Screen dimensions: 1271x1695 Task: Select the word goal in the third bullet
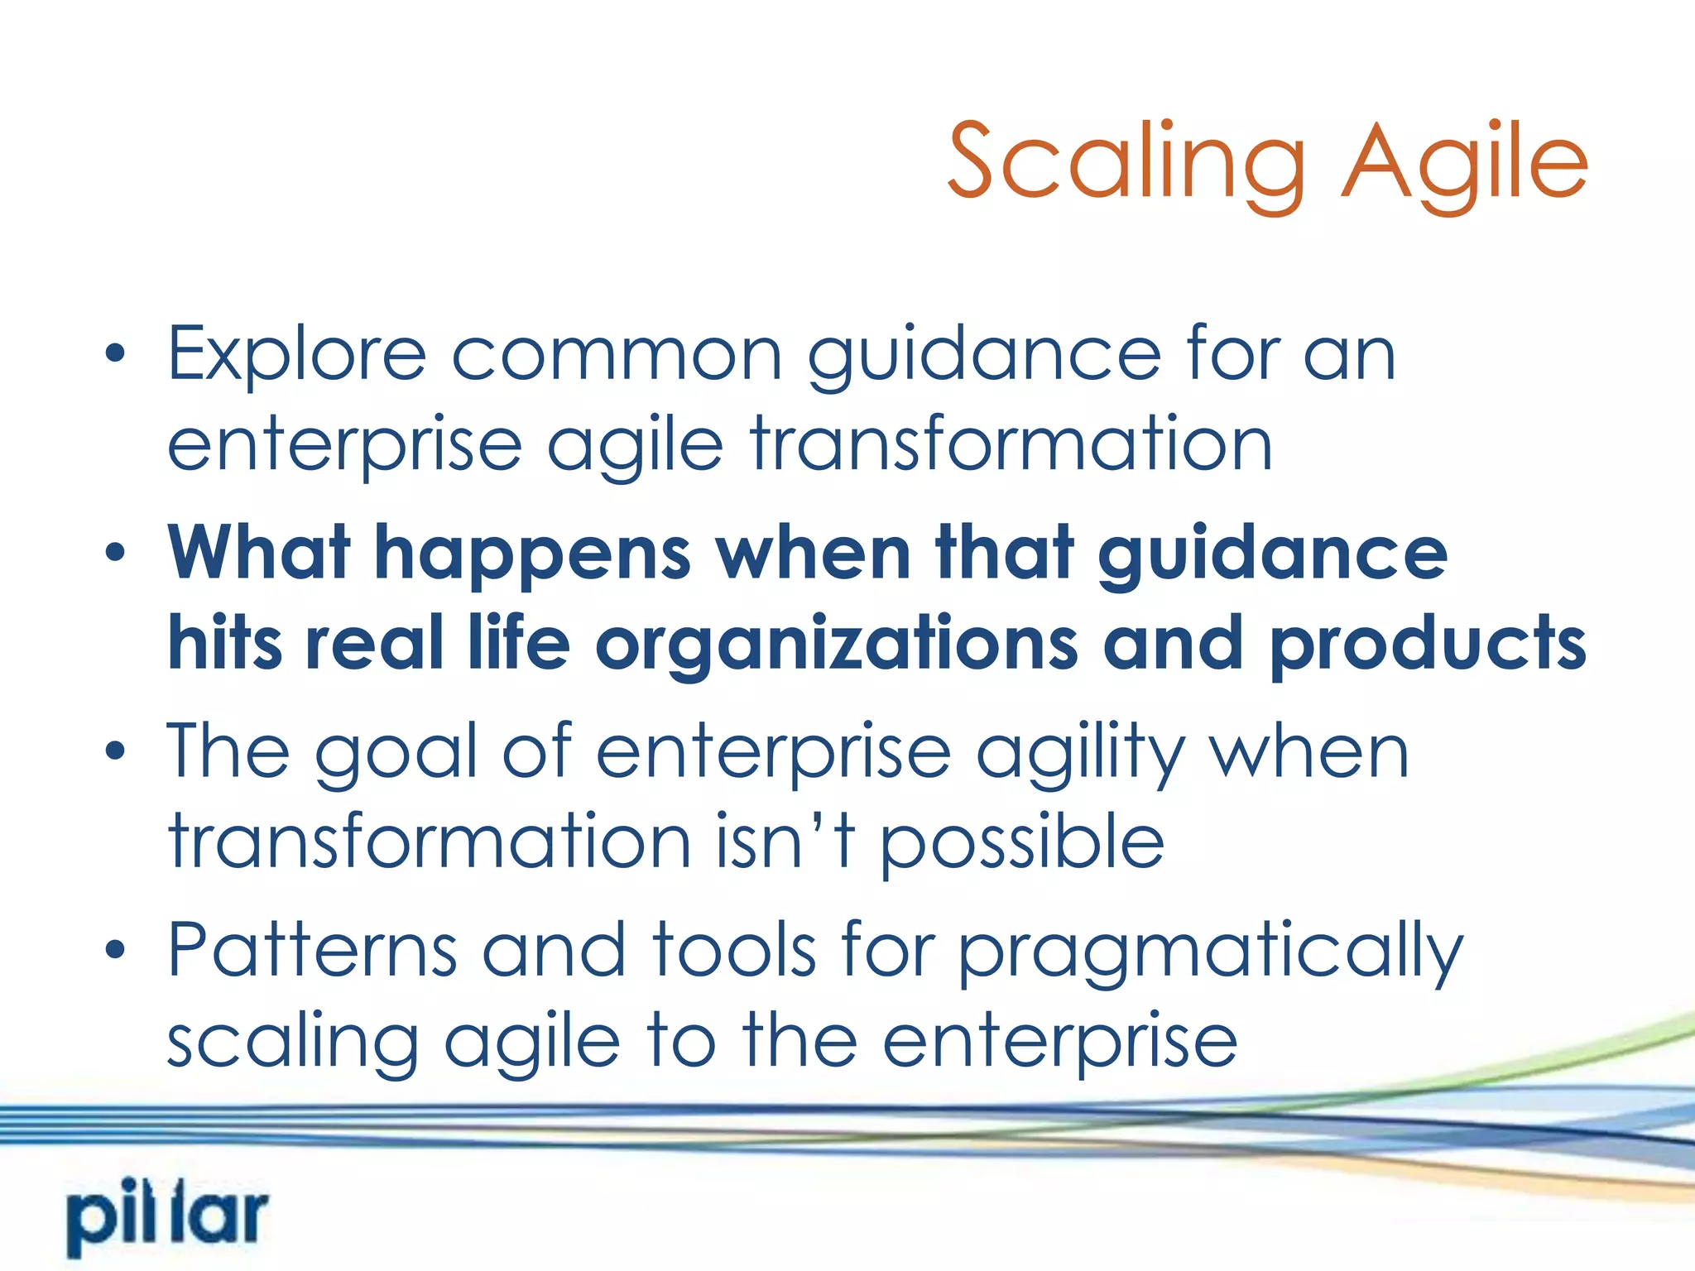tap(396, 753)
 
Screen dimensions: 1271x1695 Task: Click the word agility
tap(1080, 753)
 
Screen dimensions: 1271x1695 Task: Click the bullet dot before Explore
tap(116, 355)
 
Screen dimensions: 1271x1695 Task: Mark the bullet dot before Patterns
tap(116, 951)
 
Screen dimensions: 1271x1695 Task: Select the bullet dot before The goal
tap(116, 751)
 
